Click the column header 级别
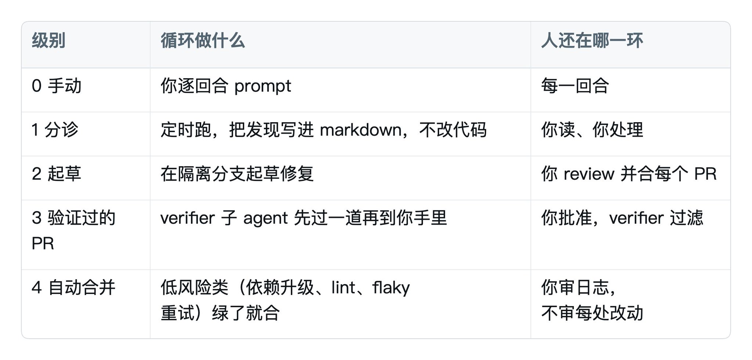[x=48, y=40]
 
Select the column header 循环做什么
[x=203, y=40]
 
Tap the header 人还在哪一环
[x=592, y=40]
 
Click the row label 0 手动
[x=57, y=86]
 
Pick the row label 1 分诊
[x=55, y=130]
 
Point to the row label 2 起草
[x=57, y=174]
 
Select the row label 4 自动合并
[x=73, y=287]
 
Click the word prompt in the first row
[x=263, y=87]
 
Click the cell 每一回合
[x=575, y=86]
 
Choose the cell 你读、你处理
[x=592, y=130]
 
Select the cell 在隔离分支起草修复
[x=237, y=174]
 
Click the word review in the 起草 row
[x=589, y=174]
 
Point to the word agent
[x=265, y=219]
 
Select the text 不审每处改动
[x=592, y=313]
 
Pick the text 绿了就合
[x=246, y=313]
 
